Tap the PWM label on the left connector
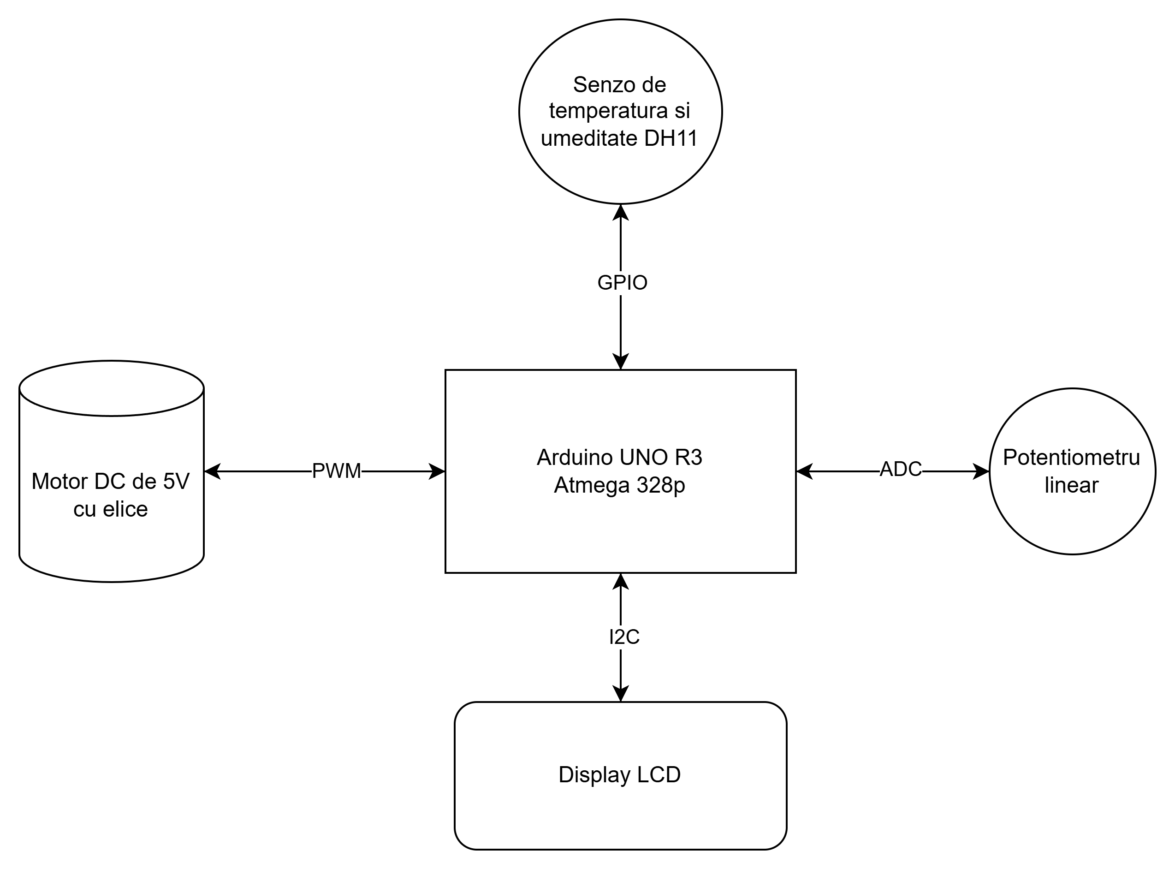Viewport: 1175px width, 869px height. pyautogui.click(x=336, y=471)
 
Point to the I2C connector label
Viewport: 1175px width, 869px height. pyautogui.click(x=623, y=637)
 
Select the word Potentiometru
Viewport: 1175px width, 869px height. pyautogui.click(x=1071, y=457)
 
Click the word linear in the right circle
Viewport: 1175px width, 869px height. pyautogui.click(x=1071, y=485)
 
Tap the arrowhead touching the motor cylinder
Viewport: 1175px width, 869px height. pyautogui.click(x=212, y=471)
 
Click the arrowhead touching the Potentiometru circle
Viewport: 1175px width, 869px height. pyautogui.click(x=981, y=471)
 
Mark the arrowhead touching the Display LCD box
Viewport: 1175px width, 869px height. pyautogui.click(x=621, y=694)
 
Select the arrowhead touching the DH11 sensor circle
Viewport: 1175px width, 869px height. pyautogui.click(x=621, y=213)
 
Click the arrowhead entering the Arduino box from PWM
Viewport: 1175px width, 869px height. pyautogui.click(x=437, y=471)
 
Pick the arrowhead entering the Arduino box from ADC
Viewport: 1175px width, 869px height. pyautogui.click(x=805, y=471)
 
